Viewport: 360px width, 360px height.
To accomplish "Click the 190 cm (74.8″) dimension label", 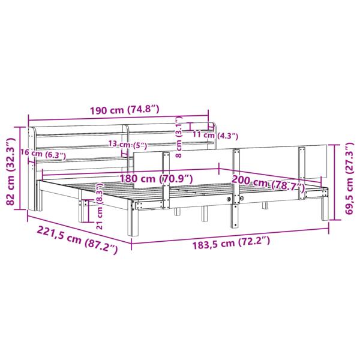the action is click(124, 110).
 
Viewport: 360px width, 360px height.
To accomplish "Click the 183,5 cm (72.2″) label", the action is click(231, 243).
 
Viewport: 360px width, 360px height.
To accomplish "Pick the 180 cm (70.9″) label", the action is click(156, 179).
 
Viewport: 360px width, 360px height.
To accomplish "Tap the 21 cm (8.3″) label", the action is click(100, 206).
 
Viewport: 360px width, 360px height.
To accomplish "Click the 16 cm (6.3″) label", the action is click(43, 154).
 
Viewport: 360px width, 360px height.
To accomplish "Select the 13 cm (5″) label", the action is click(127, 145).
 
